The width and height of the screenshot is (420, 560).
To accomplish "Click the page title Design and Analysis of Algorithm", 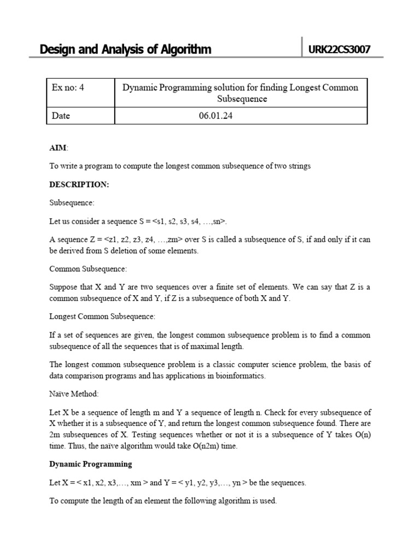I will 125,50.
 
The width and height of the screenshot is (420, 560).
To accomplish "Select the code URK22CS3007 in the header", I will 340,50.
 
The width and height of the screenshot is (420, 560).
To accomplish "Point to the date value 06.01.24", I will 216,115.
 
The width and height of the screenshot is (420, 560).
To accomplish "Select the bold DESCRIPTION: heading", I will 79,184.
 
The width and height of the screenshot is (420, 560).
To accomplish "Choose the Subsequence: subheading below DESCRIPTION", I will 72,203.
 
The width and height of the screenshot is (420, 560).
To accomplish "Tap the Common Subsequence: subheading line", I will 88,269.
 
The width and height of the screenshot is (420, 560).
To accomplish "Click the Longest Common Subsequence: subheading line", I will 102,316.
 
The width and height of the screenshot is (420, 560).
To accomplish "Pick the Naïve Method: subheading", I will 74,393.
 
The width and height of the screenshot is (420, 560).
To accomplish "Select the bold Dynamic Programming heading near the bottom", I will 90,464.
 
